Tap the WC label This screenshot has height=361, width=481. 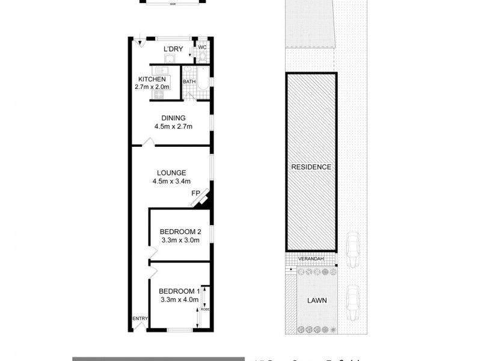pos(203,47)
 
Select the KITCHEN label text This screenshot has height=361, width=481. pos(153,79)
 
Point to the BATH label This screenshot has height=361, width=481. pos(189,82)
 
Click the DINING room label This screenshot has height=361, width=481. pos(173,117)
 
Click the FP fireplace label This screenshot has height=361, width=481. pos(195,193)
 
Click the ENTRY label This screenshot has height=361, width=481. pos(139,319)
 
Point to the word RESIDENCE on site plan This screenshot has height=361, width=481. pos(311,167)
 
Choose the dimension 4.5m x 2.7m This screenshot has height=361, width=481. pos(173,126)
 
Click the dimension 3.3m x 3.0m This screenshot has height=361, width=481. pos(180,241)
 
